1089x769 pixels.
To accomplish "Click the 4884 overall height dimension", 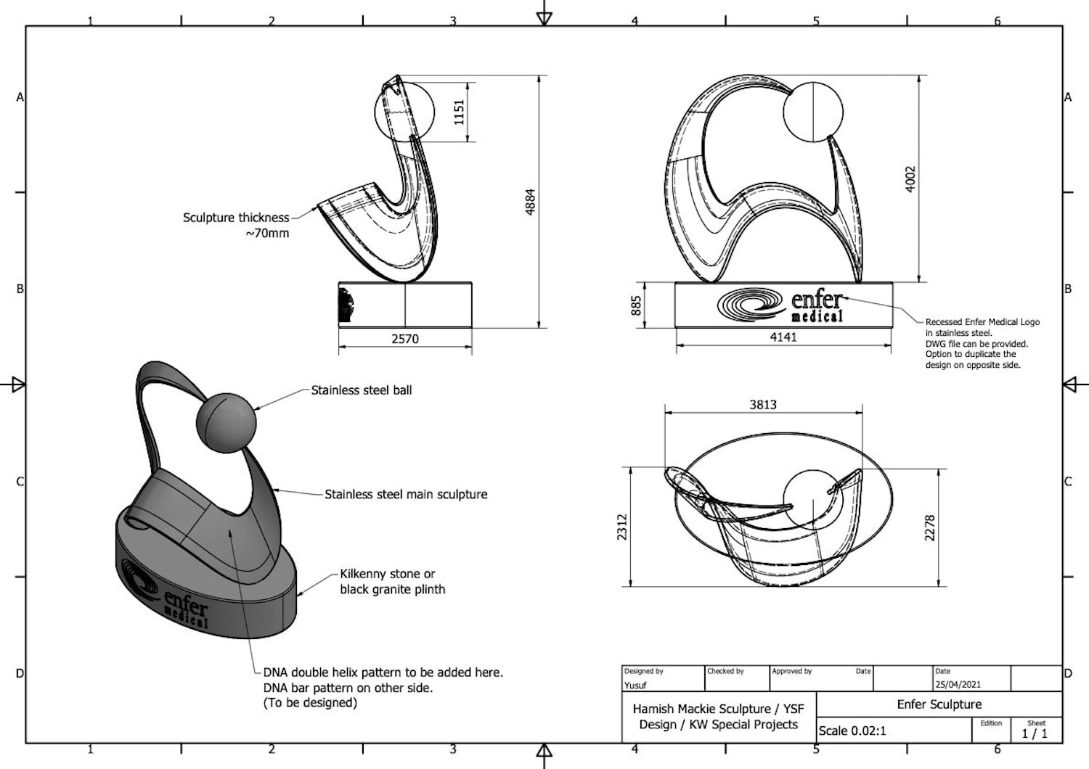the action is click(531, 202).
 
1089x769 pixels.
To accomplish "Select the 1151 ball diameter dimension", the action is click(459, 112).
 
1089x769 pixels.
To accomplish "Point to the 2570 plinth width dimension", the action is click(405, 339).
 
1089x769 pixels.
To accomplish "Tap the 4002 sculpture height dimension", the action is click(910, 178).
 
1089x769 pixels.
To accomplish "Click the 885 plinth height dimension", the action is click(637, 305).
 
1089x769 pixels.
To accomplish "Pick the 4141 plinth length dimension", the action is click(783, 337).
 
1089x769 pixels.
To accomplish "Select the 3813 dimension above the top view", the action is click(763, 405).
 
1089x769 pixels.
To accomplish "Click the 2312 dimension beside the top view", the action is click(621, 527).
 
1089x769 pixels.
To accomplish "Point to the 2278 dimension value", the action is click(929, 527).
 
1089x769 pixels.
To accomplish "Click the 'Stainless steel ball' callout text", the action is click(362, 390).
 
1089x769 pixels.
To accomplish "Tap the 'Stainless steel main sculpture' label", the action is click(406, 494).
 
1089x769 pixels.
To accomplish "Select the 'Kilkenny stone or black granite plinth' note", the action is click(392, 582).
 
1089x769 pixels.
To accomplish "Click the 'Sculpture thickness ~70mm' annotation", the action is click(236, 225).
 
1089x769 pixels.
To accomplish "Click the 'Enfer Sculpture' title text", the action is click(939, 704).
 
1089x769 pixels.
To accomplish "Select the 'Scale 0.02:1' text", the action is click(852, 731).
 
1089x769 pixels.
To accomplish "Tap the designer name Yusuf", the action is click(635, 686).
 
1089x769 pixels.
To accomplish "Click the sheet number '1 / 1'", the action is click(1035, 733).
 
